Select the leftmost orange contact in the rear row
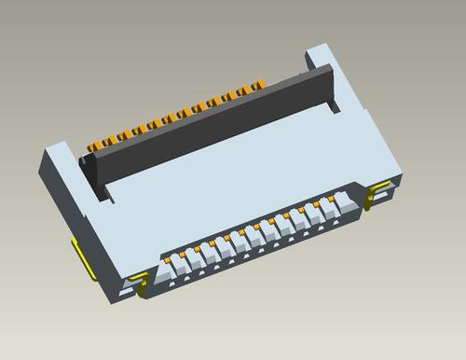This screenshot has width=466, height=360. tap(94, 147)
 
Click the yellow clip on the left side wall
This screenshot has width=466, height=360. tap(80, 256)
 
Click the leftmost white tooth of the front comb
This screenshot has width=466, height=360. tap(173, 271)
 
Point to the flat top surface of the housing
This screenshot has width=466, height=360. tap(233, 187)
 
